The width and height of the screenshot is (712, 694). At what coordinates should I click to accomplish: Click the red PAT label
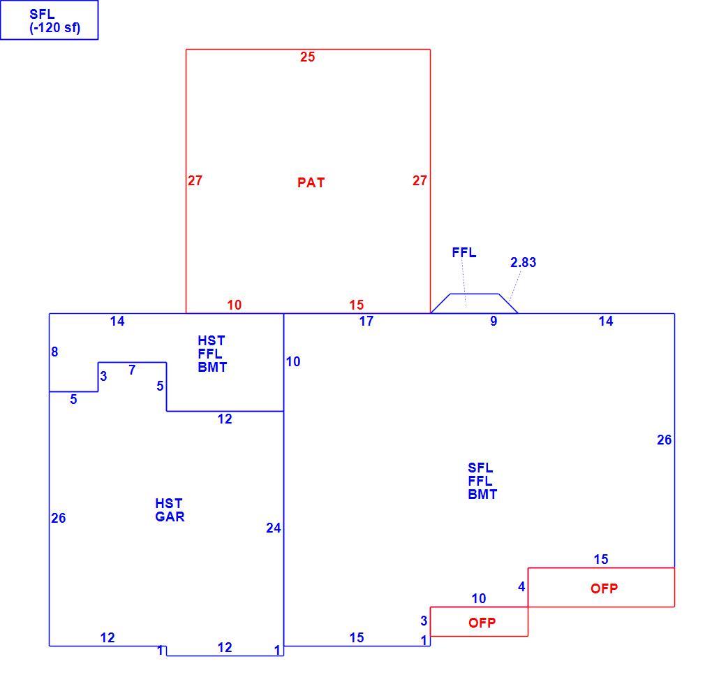[x=311, y=183]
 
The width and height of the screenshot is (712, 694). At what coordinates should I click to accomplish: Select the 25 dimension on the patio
[x=307, y=57]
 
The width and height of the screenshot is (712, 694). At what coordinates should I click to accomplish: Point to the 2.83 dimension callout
[x=523, y=262]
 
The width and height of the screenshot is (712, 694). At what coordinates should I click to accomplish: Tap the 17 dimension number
[x=366, y=321]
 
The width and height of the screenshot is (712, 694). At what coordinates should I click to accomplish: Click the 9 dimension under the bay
[x=494, y=321]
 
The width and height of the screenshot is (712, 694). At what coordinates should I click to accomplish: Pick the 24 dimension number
[x=274, y=528]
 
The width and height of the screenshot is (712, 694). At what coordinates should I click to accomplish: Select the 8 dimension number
[x=54, y=352]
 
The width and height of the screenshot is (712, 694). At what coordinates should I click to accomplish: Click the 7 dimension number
[x=132, y=370]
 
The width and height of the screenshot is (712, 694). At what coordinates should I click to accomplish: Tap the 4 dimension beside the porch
[x=521, y=586]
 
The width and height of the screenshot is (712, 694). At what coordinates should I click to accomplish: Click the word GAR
[x=170, y=516]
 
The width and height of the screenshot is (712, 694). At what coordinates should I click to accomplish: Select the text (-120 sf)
[x=55, y=28]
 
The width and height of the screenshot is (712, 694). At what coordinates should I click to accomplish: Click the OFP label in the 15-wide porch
[x=604, y=588]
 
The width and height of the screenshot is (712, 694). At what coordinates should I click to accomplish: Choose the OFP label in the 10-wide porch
[x=482, y=623]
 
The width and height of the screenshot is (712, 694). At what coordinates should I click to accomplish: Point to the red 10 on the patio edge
[x=235, y=305]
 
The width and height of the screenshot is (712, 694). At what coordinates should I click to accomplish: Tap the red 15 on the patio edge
[x=357, y=305]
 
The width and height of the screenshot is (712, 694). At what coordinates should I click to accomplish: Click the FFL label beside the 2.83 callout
[x=464, y=252]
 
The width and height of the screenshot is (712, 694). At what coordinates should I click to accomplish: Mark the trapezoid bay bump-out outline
[x=475, y=294]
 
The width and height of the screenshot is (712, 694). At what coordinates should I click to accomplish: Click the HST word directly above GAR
[x=169, y=503]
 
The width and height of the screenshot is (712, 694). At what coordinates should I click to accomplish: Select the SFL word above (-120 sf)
[x=42, y=15]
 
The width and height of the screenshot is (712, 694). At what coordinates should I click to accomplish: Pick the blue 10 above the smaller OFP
[x=479, y=598]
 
